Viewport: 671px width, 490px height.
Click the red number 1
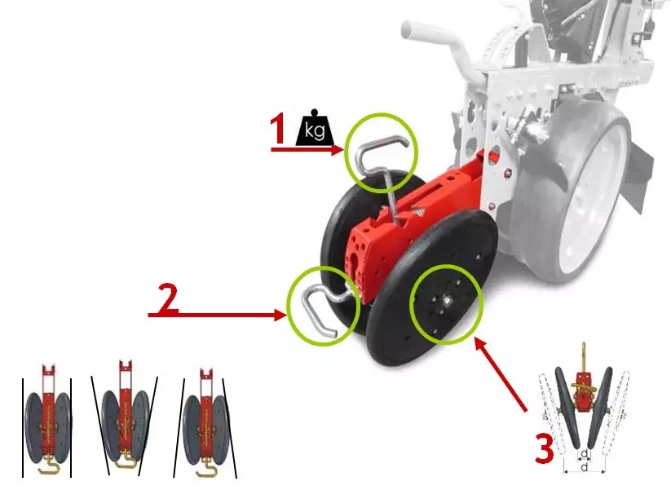[279, 129]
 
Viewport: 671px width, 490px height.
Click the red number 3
[545, 448]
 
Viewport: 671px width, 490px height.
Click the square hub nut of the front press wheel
[446, 302]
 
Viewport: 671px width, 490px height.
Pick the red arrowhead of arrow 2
[280, 316]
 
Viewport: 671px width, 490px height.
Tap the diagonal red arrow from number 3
[501, 374]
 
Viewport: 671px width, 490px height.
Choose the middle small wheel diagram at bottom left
[125, 417]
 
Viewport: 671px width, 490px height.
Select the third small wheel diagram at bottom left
[205, 423]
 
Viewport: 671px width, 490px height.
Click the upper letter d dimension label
[584, 453]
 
